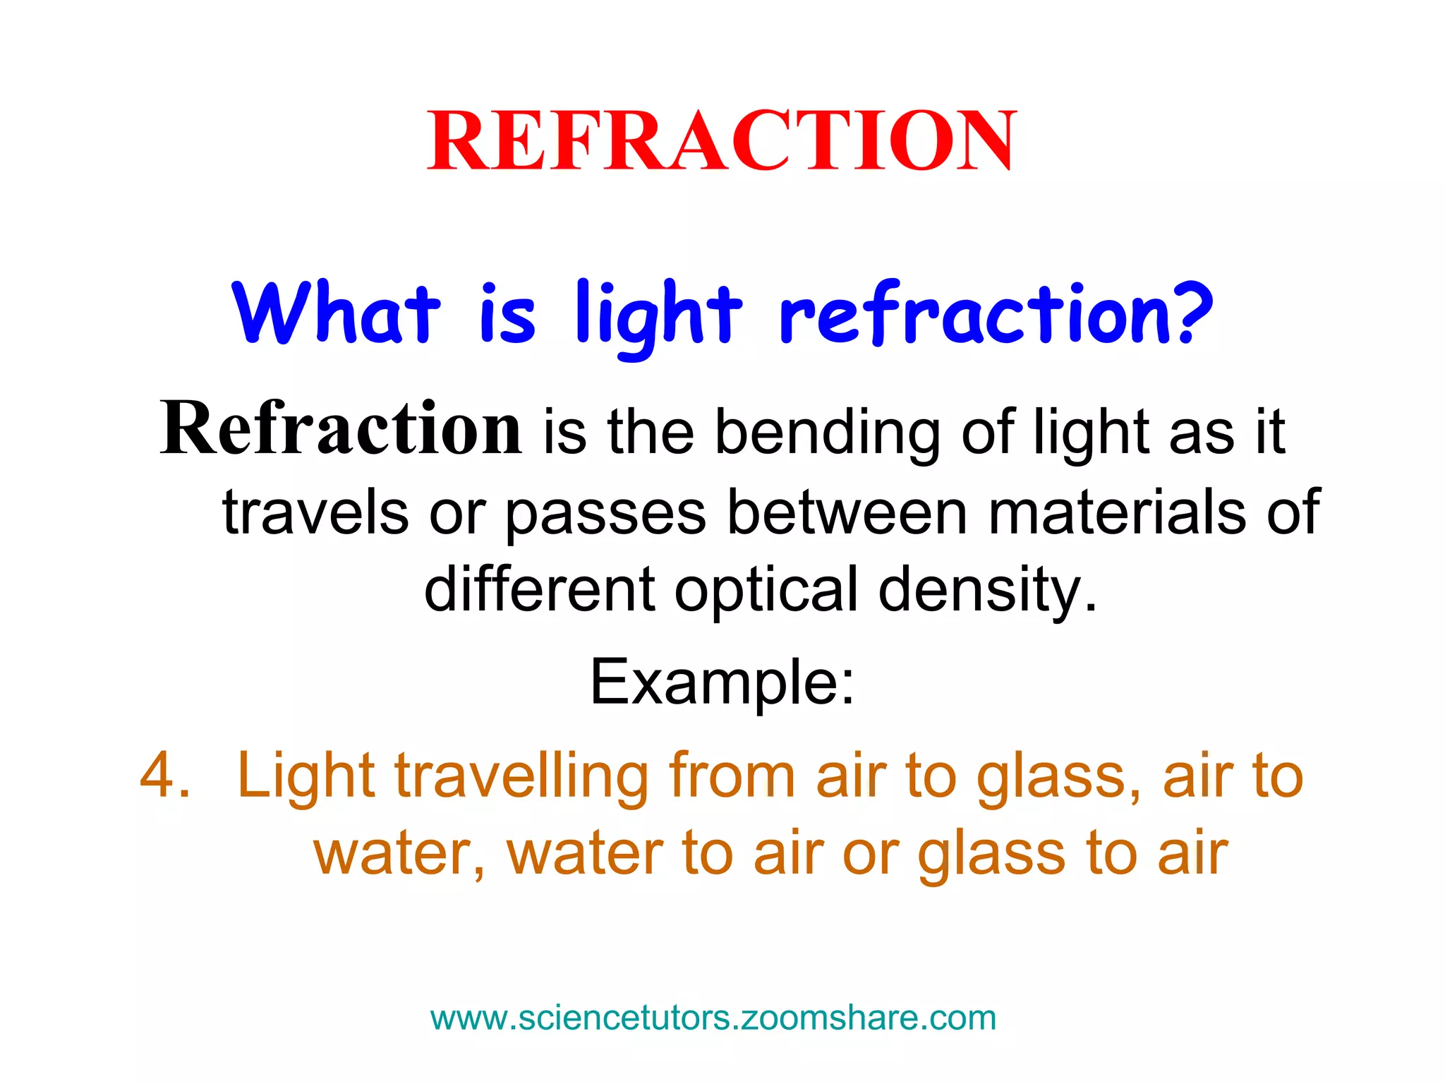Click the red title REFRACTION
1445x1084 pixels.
coord(721,141)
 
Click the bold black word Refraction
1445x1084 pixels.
coord(341,429)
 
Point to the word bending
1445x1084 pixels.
coord(827,432)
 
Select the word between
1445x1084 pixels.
coord(847,512)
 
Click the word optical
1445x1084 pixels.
coord(766,590)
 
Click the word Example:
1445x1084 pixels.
coord(722,683)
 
